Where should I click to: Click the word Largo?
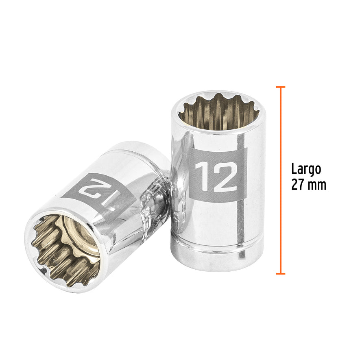pos(306,169)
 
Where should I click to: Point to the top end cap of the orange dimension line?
pos(280,87)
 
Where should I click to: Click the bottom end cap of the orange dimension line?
pos(280,273)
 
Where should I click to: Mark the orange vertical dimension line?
pos(280,179)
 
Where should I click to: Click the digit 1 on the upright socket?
pos(201,176)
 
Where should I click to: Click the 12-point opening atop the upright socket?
pos(218,112)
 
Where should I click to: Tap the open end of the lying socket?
pos(65,250)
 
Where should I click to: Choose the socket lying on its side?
pos(98,216)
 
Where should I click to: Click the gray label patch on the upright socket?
pos(218,175)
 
